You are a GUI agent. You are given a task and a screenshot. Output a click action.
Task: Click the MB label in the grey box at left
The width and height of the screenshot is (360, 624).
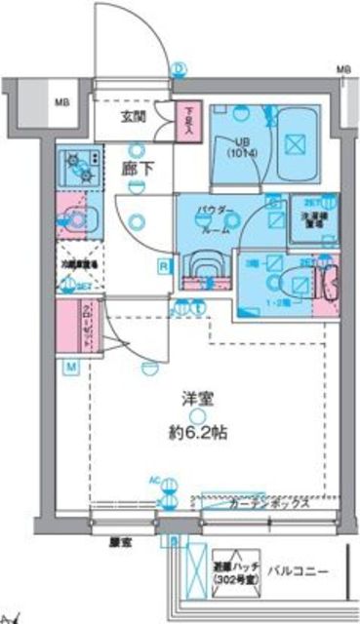(x=61, y=101)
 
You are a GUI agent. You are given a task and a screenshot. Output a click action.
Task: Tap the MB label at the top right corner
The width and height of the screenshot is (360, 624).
(x=342, y=70)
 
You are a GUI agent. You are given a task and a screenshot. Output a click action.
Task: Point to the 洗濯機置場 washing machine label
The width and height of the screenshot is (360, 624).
(x=313, y=217)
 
